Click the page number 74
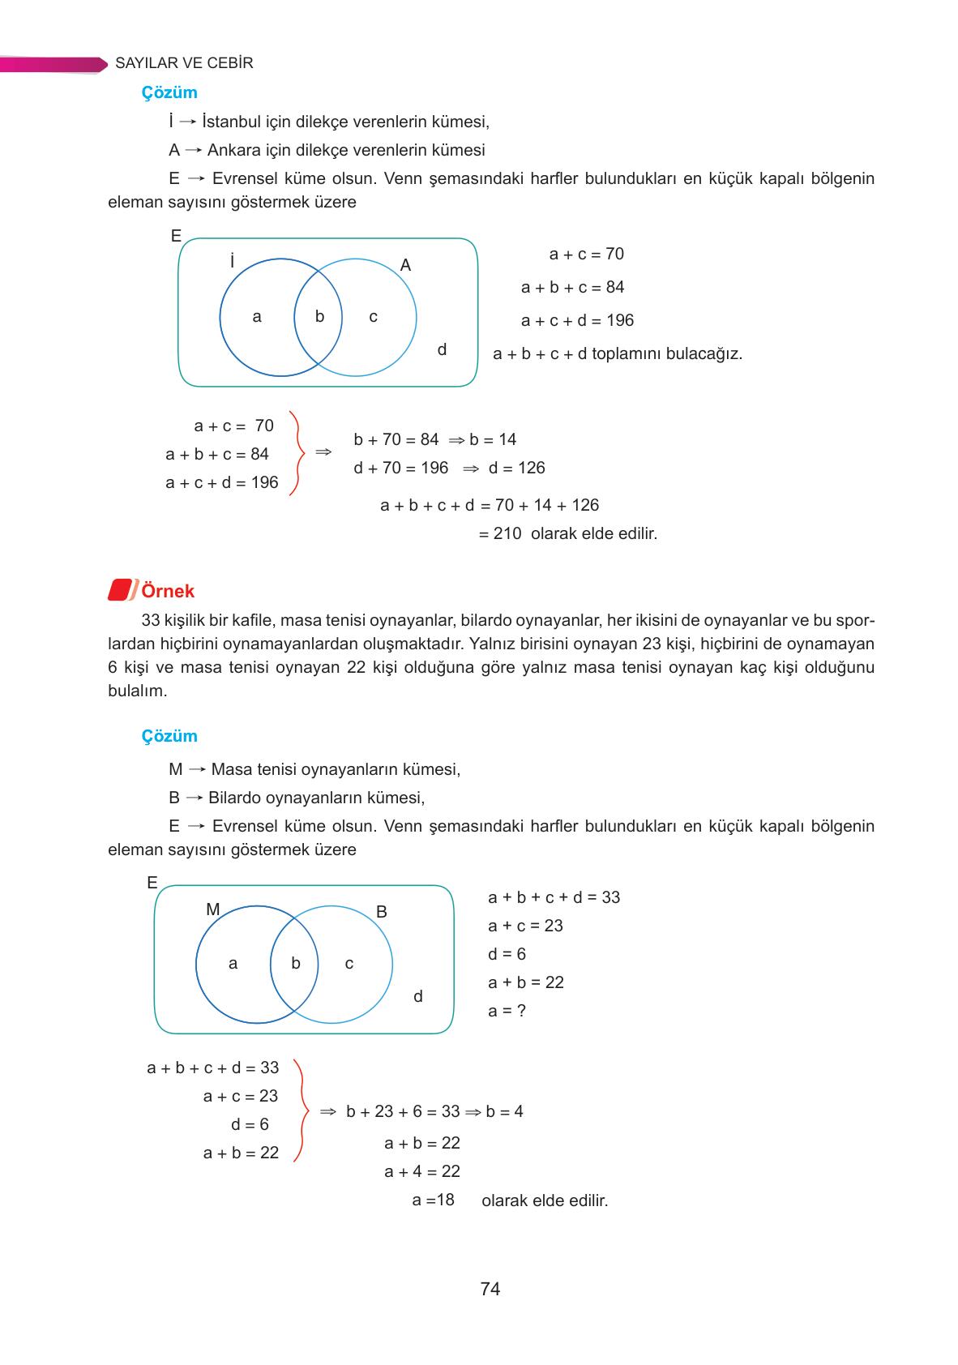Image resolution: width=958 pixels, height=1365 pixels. (490, 1289)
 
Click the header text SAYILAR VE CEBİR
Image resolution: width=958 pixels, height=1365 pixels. (184, 63)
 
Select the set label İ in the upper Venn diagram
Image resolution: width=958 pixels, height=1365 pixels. (232, 261)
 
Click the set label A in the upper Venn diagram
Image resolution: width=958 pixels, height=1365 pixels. (405, 265)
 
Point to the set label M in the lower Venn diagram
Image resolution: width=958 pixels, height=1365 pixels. (212, 909)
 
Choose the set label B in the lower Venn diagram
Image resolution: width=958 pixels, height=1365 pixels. (382, 912)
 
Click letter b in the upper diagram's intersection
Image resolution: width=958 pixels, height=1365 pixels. (319, 317)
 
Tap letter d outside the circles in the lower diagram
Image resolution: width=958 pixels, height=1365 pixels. (417, 997)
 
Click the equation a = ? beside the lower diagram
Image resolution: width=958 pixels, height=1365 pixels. (507, 1011)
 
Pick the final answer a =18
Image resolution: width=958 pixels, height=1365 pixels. (433, 1200)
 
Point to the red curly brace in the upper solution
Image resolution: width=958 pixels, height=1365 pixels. (297, 453)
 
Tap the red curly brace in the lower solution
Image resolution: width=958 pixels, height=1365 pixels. (300, 1110)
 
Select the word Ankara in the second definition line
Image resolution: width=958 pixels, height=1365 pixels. (232, 150)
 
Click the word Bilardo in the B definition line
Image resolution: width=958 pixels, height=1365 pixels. (234, 798)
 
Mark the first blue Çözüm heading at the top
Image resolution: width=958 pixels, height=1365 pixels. (169, 92)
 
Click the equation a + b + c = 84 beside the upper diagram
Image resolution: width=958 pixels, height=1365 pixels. (572, 287)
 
